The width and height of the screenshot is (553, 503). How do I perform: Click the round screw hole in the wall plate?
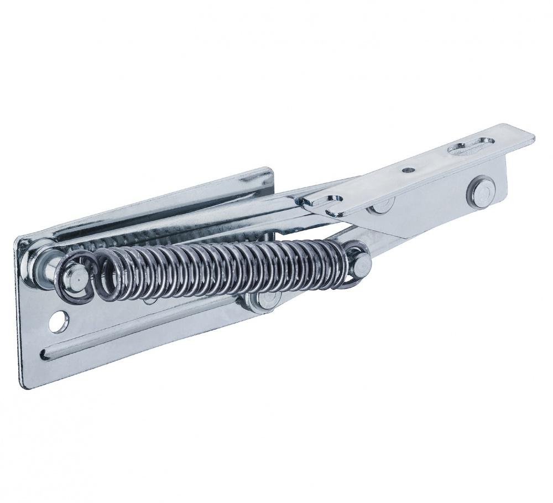(x=59, y=320)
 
